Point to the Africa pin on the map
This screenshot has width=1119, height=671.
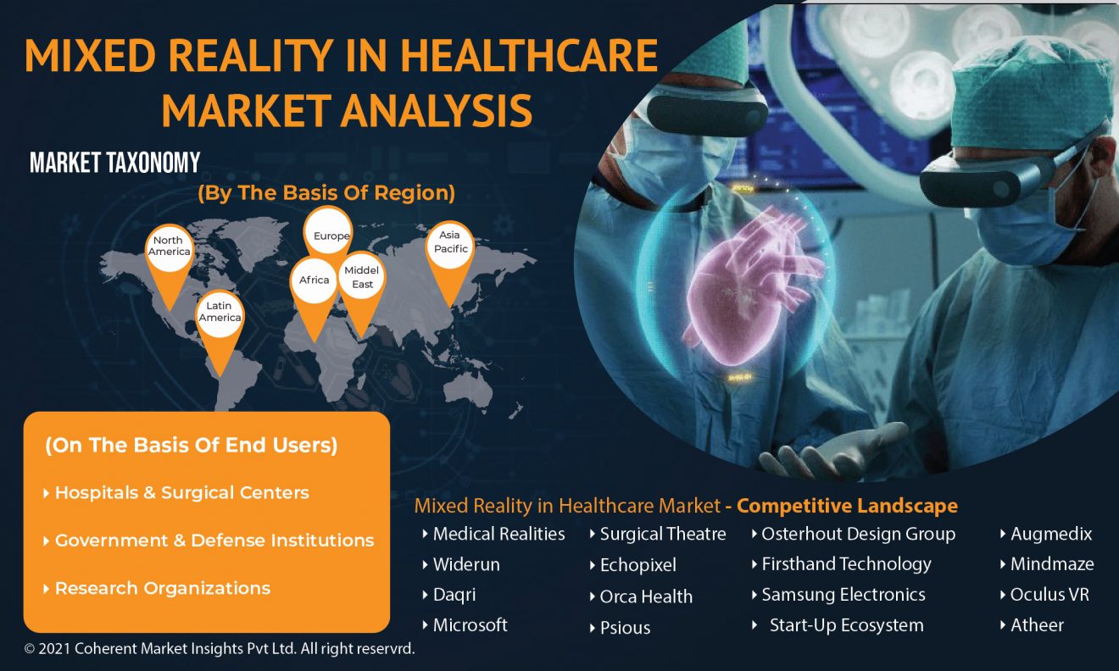coord(315,290)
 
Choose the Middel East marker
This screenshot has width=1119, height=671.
coord(362,285)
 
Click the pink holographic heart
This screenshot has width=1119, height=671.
coord(749,285)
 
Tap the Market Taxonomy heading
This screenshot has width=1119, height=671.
coord(115,163)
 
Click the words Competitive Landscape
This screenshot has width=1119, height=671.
coord(847,506)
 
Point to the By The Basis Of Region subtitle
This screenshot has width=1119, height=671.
coord(326,193)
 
